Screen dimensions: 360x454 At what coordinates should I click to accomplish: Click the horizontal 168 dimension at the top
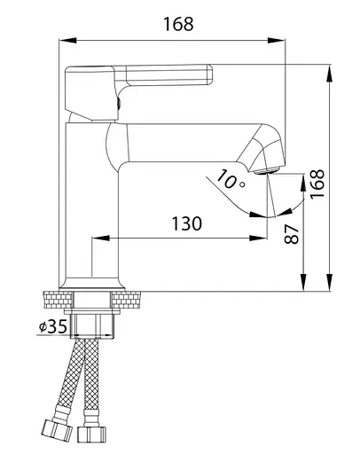pyautogui.click(x=178, y=24)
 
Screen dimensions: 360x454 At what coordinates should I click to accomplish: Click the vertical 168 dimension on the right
pyautogui.click(x=317, y=184)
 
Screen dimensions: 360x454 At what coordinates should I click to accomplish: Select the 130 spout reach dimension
pyautogui.click(x=187, y=223)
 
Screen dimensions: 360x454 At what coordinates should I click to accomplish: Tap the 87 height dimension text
pyautogui.click(x=292, y=234)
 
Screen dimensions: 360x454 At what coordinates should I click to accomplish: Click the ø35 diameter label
pyautogui.click(x=53, y=326)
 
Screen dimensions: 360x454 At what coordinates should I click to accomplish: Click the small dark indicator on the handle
pyautogui.click(x=119, y=104)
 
